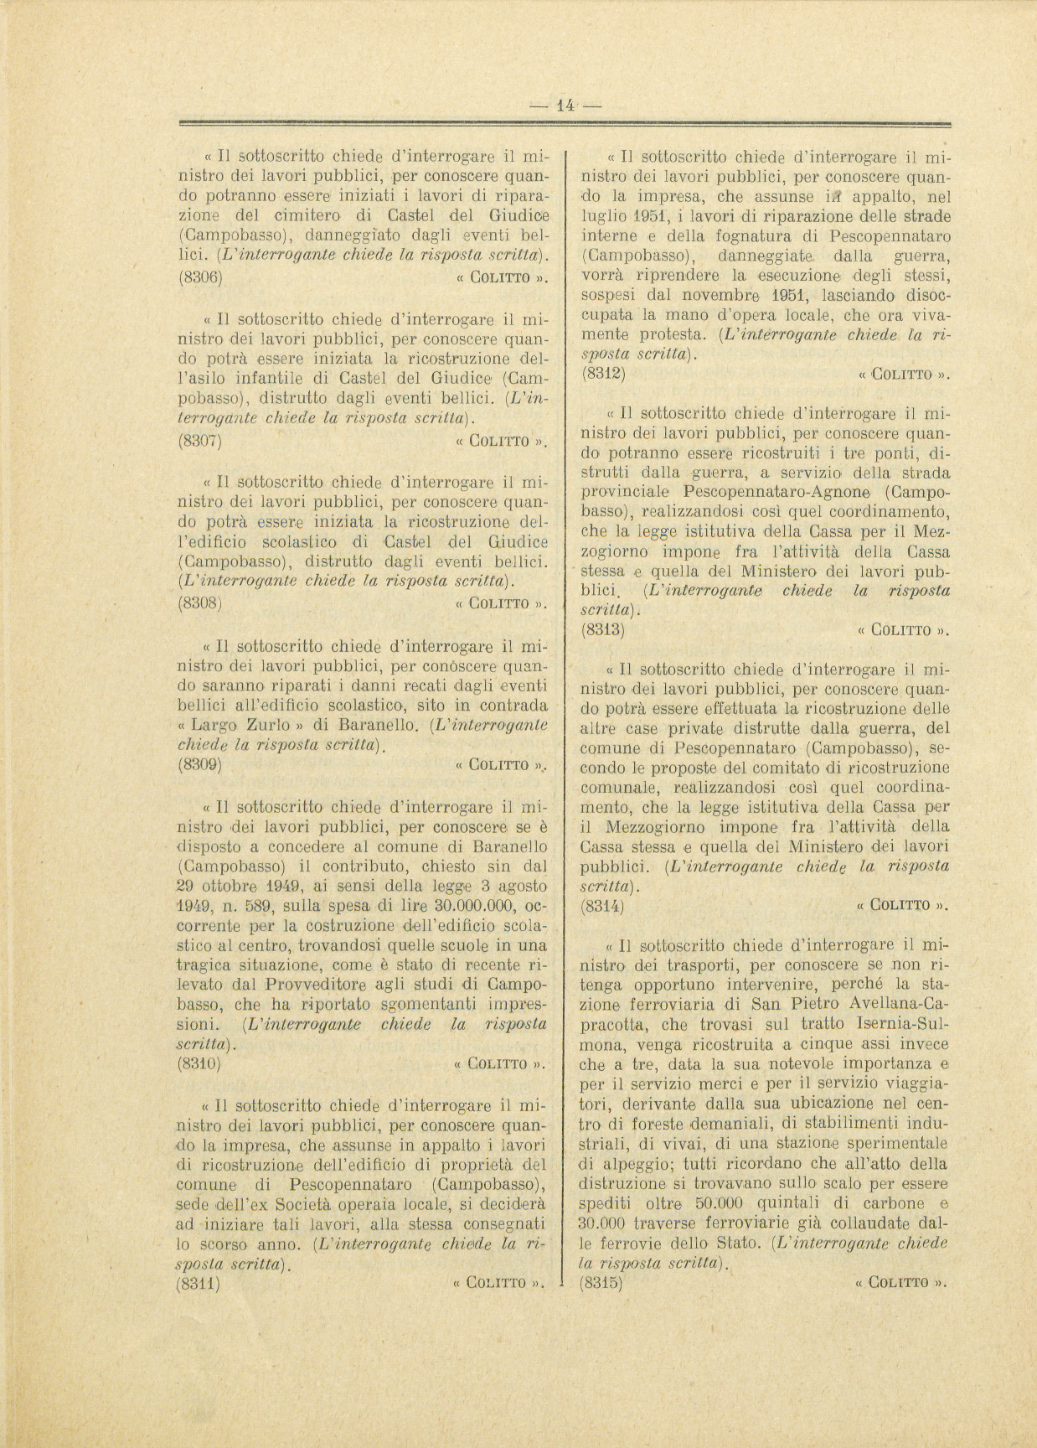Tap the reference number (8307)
click(x=200, y=440)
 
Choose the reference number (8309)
click(x=200, y=764)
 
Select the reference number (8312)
click(x=602, y=374)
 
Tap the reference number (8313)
click(x=602, y=629)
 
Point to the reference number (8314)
click(x=602, y=905)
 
